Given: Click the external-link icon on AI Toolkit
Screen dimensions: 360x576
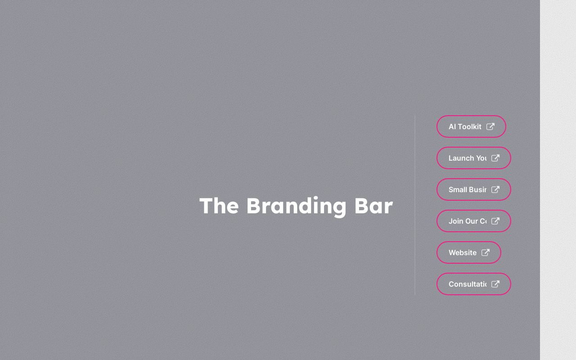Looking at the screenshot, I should (x=490, y=126).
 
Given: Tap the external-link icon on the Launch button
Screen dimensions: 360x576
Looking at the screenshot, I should (x=495, y=158).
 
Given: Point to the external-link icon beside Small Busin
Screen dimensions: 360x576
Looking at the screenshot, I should (x=495, y=189).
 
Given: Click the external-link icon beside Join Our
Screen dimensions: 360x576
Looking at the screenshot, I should (x=495, y=221).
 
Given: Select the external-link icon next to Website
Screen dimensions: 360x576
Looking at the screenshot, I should (x=486, y=252).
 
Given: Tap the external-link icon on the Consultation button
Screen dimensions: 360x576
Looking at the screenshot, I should (x=495, y=284).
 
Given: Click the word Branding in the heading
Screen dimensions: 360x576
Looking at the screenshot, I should (x=296, y=206).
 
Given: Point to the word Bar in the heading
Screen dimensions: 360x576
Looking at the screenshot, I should (x=373, y=206).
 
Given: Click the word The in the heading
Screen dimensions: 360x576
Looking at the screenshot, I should (x=219, y=206).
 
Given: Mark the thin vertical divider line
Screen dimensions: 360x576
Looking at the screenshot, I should (x=415, y=205).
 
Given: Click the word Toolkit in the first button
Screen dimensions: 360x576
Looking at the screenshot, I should (x=469, y=126).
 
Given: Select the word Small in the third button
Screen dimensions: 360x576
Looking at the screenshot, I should (x=457, y=189).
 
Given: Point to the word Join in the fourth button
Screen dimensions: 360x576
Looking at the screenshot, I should (x=456, y=221).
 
